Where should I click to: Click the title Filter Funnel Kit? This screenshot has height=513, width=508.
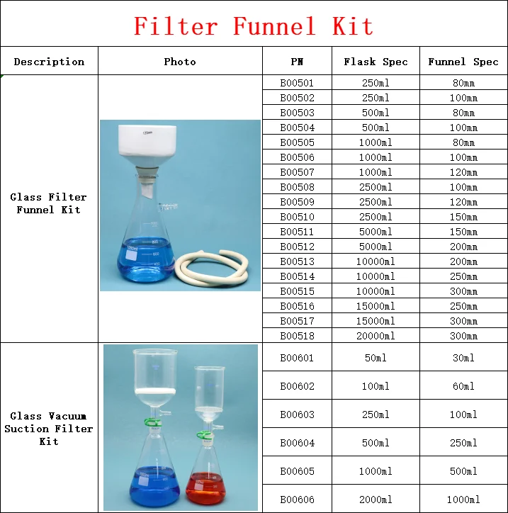(x=254, y=27)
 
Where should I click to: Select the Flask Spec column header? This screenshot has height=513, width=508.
(x=376, y=62)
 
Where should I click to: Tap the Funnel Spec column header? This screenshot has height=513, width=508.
(x=463, y=62)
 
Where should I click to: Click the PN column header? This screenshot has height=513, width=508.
(x=297, y=62)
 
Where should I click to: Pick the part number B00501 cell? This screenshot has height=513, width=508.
(x=297, y=83)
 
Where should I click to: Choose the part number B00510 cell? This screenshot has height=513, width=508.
(x=297, y=217)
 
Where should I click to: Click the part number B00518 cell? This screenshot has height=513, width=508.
(x=297, y=336)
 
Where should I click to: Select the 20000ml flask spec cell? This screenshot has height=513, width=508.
(x=376, y=336)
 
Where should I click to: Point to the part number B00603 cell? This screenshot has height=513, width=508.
(x=297, y=415)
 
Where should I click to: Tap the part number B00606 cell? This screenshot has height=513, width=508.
(x=297, y=500)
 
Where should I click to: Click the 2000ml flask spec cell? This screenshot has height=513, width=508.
(x=376, y=500)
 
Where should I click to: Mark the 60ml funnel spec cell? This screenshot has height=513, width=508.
(x=463, y=386)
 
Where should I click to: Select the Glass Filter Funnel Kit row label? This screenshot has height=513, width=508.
(x=49, y=203)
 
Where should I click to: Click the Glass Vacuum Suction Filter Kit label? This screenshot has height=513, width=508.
(x=49, y=429)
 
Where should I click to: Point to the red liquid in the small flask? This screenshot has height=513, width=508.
(x=205, y=489)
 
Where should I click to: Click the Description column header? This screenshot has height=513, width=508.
(x=49, y=62)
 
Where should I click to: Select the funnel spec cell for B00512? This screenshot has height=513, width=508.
(x=463, y=247)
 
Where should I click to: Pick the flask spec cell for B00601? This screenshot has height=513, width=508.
(x=376, y=358)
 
